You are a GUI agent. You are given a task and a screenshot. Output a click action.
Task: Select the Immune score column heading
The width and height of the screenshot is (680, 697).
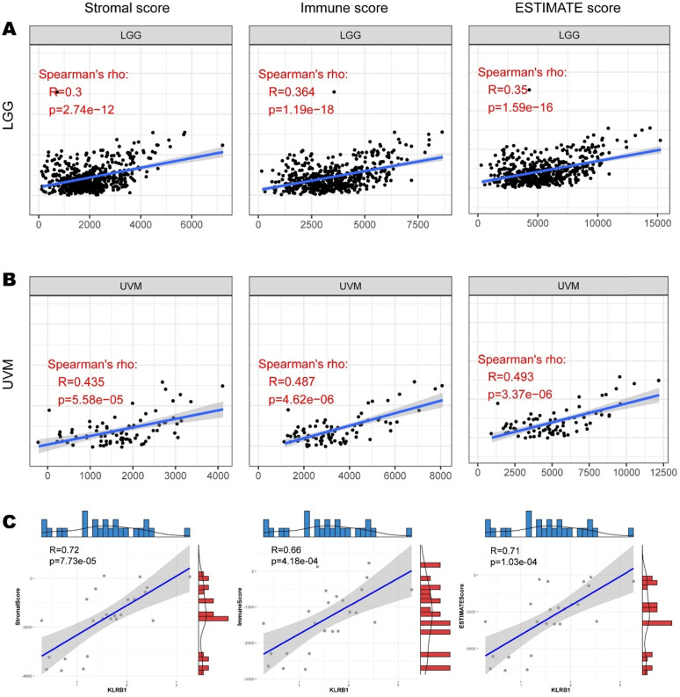(x=346, y=11)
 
